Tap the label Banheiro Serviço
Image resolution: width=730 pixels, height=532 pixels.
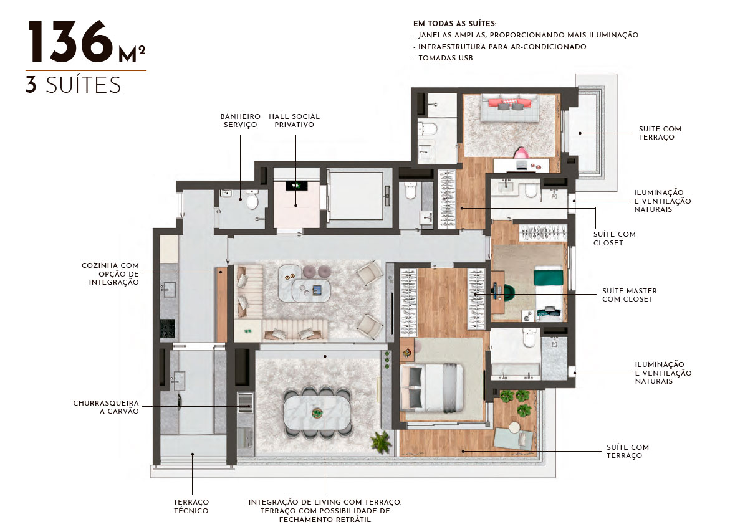[240, 120]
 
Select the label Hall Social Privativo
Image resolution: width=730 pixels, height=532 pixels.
[294, 120]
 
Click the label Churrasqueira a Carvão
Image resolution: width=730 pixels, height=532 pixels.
[106, 407]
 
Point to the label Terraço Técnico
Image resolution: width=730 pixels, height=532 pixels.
[191, 506]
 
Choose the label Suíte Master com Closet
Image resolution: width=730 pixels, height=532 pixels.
[630, 295]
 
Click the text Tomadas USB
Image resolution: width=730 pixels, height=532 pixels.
[446, 58]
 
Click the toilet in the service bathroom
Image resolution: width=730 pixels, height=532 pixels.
[252, 199]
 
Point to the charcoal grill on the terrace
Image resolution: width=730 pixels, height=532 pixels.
[246, 402]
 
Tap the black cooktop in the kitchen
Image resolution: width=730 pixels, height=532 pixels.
[168, 328]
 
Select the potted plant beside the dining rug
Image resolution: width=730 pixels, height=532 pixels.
[382, 442]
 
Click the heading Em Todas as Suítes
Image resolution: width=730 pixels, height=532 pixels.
[455, 23]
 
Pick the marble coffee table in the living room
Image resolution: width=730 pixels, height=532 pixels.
[304, 283]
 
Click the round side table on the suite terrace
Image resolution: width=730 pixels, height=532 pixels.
[514, 427]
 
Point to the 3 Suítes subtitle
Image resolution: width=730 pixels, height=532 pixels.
[74, 85]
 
